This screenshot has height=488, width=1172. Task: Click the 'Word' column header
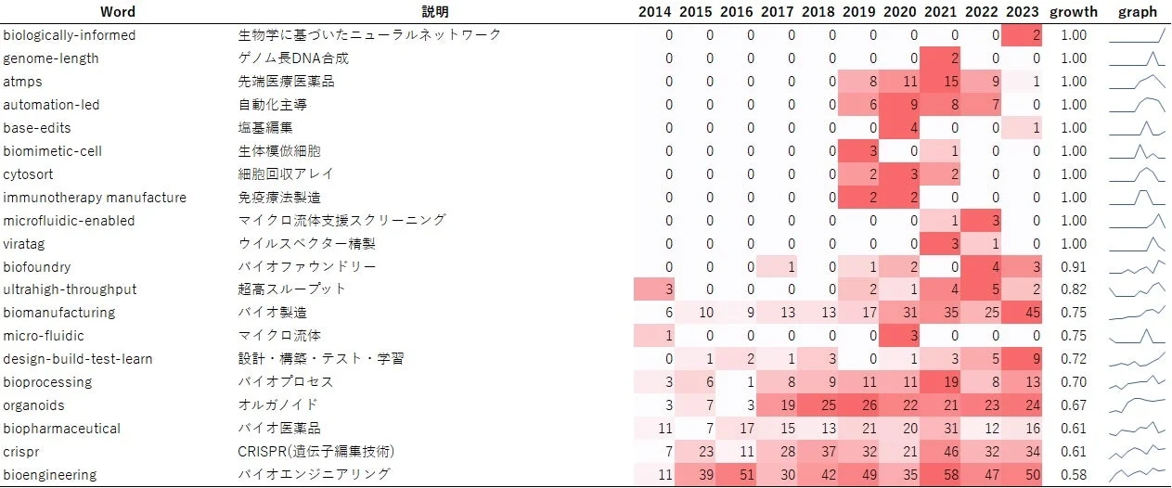pos(118,12)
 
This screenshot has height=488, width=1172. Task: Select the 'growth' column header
pos(1073,12)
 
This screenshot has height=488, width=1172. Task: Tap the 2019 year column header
pos(858,12)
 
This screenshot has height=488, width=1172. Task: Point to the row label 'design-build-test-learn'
pos(78,359)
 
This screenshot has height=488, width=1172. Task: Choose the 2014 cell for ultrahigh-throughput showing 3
pos(655,289)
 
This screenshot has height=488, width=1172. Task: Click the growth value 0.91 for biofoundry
pos(1073,267)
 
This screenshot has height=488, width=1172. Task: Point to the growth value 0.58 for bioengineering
pos(1073,475)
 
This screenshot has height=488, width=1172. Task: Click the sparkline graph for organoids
pos(1137,405)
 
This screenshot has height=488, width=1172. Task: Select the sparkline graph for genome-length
pos(1137,58)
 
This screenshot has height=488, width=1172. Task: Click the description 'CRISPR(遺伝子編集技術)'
pos(316,452)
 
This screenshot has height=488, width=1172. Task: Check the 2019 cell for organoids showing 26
pos(858,405)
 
